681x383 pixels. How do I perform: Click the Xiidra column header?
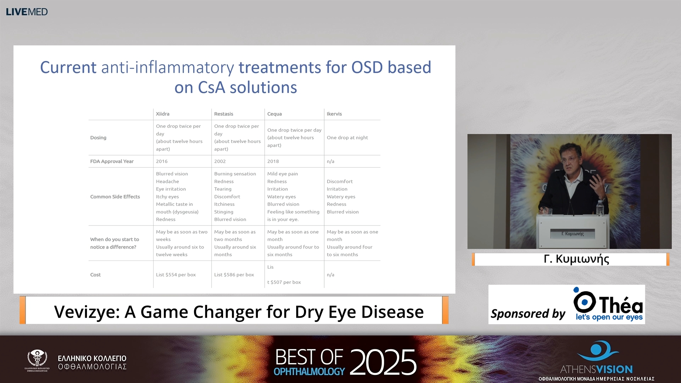(x=162, y=114)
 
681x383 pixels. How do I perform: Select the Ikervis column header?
(x=334, y=114)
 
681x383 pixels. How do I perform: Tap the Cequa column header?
(x=274, y=114)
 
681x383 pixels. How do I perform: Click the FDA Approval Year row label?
(x=112, y=161)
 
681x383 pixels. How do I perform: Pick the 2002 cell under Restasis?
(x=220, y=161)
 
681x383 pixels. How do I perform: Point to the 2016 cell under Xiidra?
(x=161, y=161)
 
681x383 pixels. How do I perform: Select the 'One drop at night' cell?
(x=347, y=138)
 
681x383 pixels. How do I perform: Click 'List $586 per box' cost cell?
(x=234, y=275)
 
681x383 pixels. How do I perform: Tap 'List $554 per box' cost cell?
(x=176, y=275)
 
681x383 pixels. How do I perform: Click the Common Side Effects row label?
(x=115, y=197)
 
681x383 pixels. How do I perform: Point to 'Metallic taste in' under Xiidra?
(x=174, y=204)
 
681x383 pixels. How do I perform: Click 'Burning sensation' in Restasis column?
(x=235, y=174)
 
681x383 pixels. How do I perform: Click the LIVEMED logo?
(x=27, y=12)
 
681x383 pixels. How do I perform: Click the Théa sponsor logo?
(x=608, y=304)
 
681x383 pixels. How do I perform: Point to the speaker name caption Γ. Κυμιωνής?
(x=576, y=259)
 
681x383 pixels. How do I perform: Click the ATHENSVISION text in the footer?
(x=596, y=370)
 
